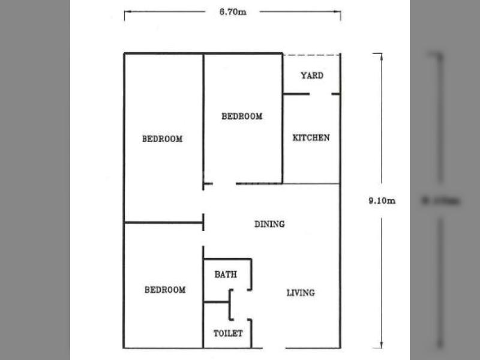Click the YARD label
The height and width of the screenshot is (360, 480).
click(x=312, y=76)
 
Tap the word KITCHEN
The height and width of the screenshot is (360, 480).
click(x=311, y=138)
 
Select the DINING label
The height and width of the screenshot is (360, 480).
click(x=269, y=224)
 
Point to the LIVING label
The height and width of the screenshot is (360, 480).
click(x=301, y=293)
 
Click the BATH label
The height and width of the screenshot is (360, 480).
click(x=226, y=274)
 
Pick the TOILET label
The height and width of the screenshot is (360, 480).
click(x=228, y=333)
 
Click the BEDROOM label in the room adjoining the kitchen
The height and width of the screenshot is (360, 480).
click(x=242, y=116)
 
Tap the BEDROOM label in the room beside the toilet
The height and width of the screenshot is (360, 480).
click(x=165, y=290)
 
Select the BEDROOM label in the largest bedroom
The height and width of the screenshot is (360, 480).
click(x=162, y=139)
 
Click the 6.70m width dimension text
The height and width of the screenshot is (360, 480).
click(x=233, y=12)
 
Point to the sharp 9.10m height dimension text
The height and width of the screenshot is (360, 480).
click(x=382, y=201)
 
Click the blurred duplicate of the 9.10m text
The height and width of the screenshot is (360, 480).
click(x=440, y=201)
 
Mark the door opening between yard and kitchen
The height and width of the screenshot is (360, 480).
click(x=320, y=94)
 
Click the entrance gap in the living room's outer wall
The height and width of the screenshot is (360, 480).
click(x=274, y=348)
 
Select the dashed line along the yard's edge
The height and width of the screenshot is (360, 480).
click(x=311, y=55)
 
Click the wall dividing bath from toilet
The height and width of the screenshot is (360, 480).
click(x=217, y=302)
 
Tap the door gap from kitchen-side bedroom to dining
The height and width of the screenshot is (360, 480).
click(x=224, y=184)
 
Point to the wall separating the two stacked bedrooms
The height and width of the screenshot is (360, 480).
click(x=163, y=223)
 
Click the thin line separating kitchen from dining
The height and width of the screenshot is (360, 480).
click(x=311, y=184)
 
